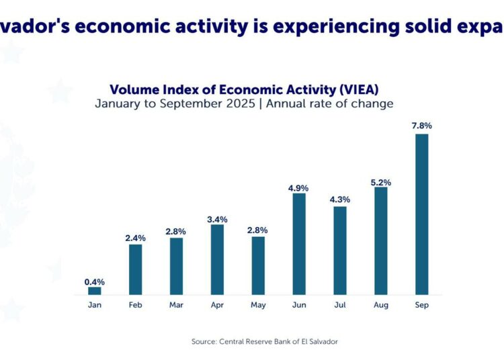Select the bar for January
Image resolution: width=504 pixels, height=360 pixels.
coord(95,291)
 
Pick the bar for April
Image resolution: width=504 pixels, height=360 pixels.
coord(217,259)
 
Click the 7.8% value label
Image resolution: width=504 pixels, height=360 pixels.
coord(421,126)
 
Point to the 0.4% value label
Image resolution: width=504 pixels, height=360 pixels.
coord(95,281)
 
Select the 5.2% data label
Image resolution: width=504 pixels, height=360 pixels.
coord(380,182)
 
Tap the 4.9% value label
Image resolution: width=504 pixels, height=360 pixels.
coord(299,188)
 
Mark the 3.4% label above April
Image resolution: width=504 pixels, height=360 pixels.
coord(217,219)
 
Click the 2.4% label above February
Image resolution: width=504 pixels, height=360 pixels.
coord(136,238)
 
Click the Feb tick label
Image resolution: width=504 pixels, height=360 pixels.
coord(136,305)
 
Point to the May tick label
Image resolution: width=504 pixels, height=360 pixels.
coord(258,305)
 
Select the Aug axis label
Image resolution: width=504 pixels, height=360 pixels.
coord(380,305)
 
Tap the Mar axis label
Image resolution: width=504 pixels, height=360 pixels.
coord(176,305)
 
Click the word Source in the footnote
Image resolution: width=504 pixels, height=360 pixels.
coord(204,342)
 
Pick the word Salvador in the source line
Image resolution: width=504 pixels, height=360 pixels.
coord(320,342)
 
